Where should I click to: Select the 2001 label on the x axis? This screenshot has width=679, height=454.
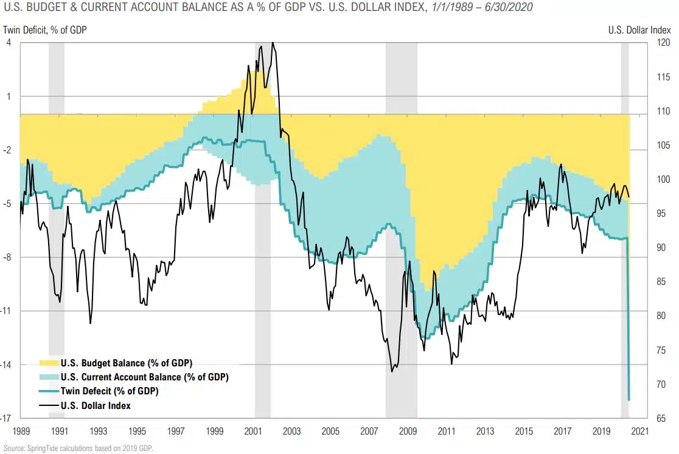point(252,431)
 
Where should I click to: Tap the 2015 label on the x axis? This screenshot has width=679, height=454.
point(524,431)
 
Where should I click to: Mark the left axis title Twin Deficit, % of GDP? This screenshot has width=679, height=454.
point(45,29)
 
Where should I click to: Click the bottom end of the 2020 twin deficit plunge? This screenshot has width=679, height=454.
point(629,400)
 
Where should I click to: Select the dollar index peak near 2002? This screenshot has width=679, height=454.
point(273,43)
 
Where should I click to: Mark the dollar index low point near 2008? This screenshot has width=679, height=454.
point(392,371)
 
